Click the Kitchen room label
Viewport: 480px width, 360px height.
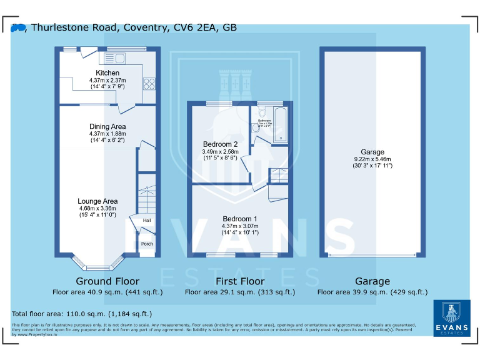point(107,73)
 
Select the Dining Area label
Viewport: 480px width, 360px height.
point(107,126)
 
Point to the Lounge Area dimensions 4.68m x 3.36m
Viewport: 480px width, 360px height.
point(97,208)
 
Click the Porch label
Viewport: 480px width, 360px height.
point(147,244)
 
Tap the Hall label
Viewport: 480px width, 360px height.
point(147,221)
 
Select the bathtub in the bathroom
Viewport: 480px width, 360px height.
point(279,124)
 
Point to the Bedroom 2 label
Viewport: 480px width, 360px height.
point(220,144)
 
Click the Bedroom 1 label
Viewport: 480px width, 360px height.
point(240,219)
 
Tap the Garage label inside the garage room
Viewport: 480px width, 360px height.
point(372,152)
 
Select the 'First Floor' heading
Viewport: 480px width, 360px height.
point(239,281)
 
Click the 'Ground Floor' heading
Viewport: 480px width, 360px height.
point(107,281)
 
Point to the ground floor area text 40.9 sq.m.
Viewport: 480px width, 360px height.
point(107,292)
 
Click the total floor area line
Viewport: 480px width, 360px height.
point(82,314)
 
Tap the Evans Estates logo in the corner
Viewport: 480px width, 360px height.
point(452,318)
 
